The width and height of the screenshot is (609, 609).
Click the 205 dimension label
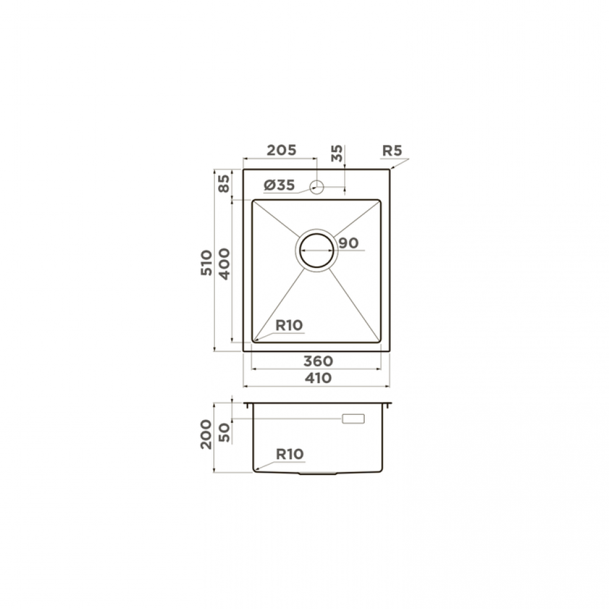281,150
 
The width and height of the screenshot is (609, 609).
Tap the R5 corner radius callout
392,150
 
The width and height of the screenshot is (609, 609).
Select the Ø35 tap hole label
280,185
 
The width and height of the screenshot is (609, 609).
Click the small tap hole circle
317,187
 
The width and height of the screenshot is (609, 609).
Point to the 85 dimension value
224,183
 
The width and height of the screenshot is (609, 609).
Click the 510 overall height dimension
206,263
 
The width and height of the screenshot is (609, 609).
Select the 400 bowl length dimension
224,264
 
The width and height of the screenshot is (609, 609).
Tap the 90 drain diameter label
348,243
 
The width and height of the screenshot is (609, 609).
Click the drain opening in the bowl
317,250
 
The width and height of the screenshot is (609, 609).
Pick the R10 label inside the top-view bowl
289,325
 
